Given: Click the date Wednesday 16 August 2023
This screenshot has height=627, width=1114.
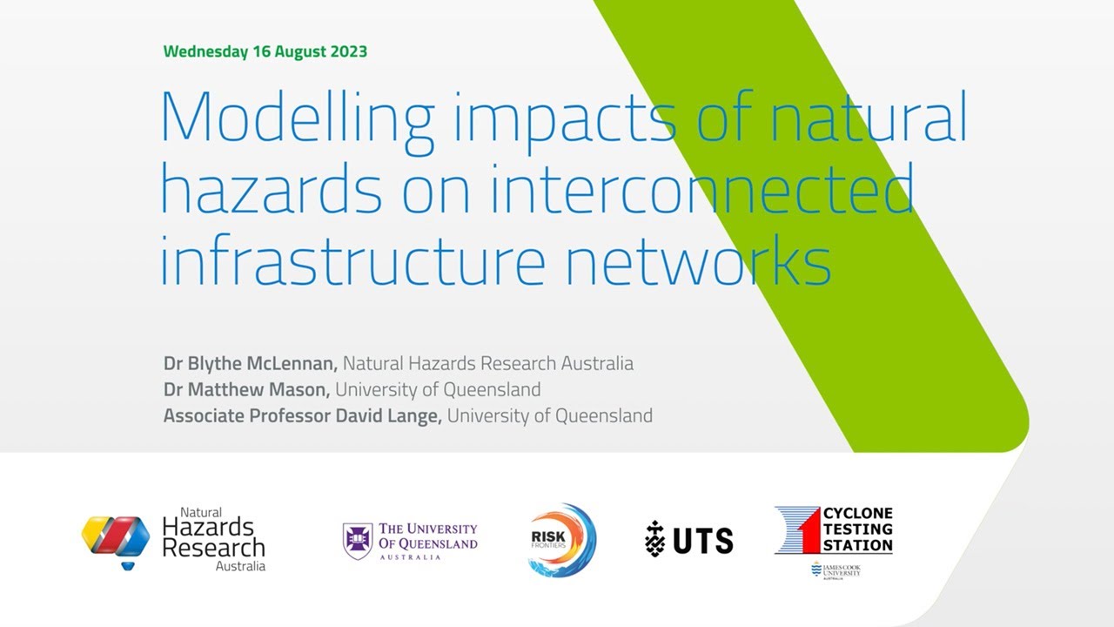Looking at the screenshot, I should click(265, 51).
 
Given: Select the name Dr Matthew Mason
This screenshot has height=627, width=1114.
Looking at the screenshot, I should click(246, 389).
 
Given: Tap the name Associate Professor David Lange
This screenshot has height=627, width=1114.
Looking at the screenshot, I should click(303, 415).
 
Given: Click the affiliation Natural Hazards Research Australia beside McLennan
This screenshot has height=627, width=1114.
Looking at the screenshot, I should click(488, 363).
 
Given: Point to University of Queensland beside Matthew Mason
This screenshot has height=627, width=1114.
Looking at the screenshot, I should click(438, 389).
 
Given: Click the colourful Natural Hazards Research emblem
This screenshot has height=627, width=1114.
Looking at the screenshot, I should click(116, 540).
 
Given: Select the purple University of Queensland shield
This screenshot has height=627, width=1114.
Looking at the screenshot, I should click(357, 541).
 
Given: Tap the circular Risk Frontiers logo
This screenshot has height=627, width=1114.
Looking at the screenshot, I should click(561, 541).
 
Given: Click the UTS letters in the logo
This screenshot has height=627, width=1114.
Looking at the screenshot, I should click(702, 541).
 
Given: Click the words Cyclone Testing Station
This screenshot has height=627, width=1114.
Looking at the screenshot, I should click(857, 529).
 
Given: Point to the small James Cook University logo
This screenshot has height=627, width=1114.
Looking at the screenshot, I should click(835, 570).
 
